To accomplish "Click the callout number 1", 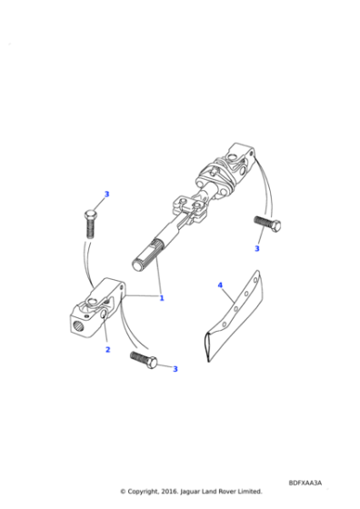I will coord(162,298).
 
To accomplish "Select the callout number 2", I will coord(106,349).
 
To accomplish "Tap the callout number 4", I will coord(219,285).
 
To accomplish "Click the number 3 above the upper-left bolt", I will coord(106,194).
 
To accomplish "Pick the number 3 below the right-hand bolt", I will coord(256,248).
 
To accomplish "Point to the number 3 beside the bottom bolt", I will coord(175,369).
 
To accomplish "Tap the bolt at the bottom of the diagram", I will coord(147,359).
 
